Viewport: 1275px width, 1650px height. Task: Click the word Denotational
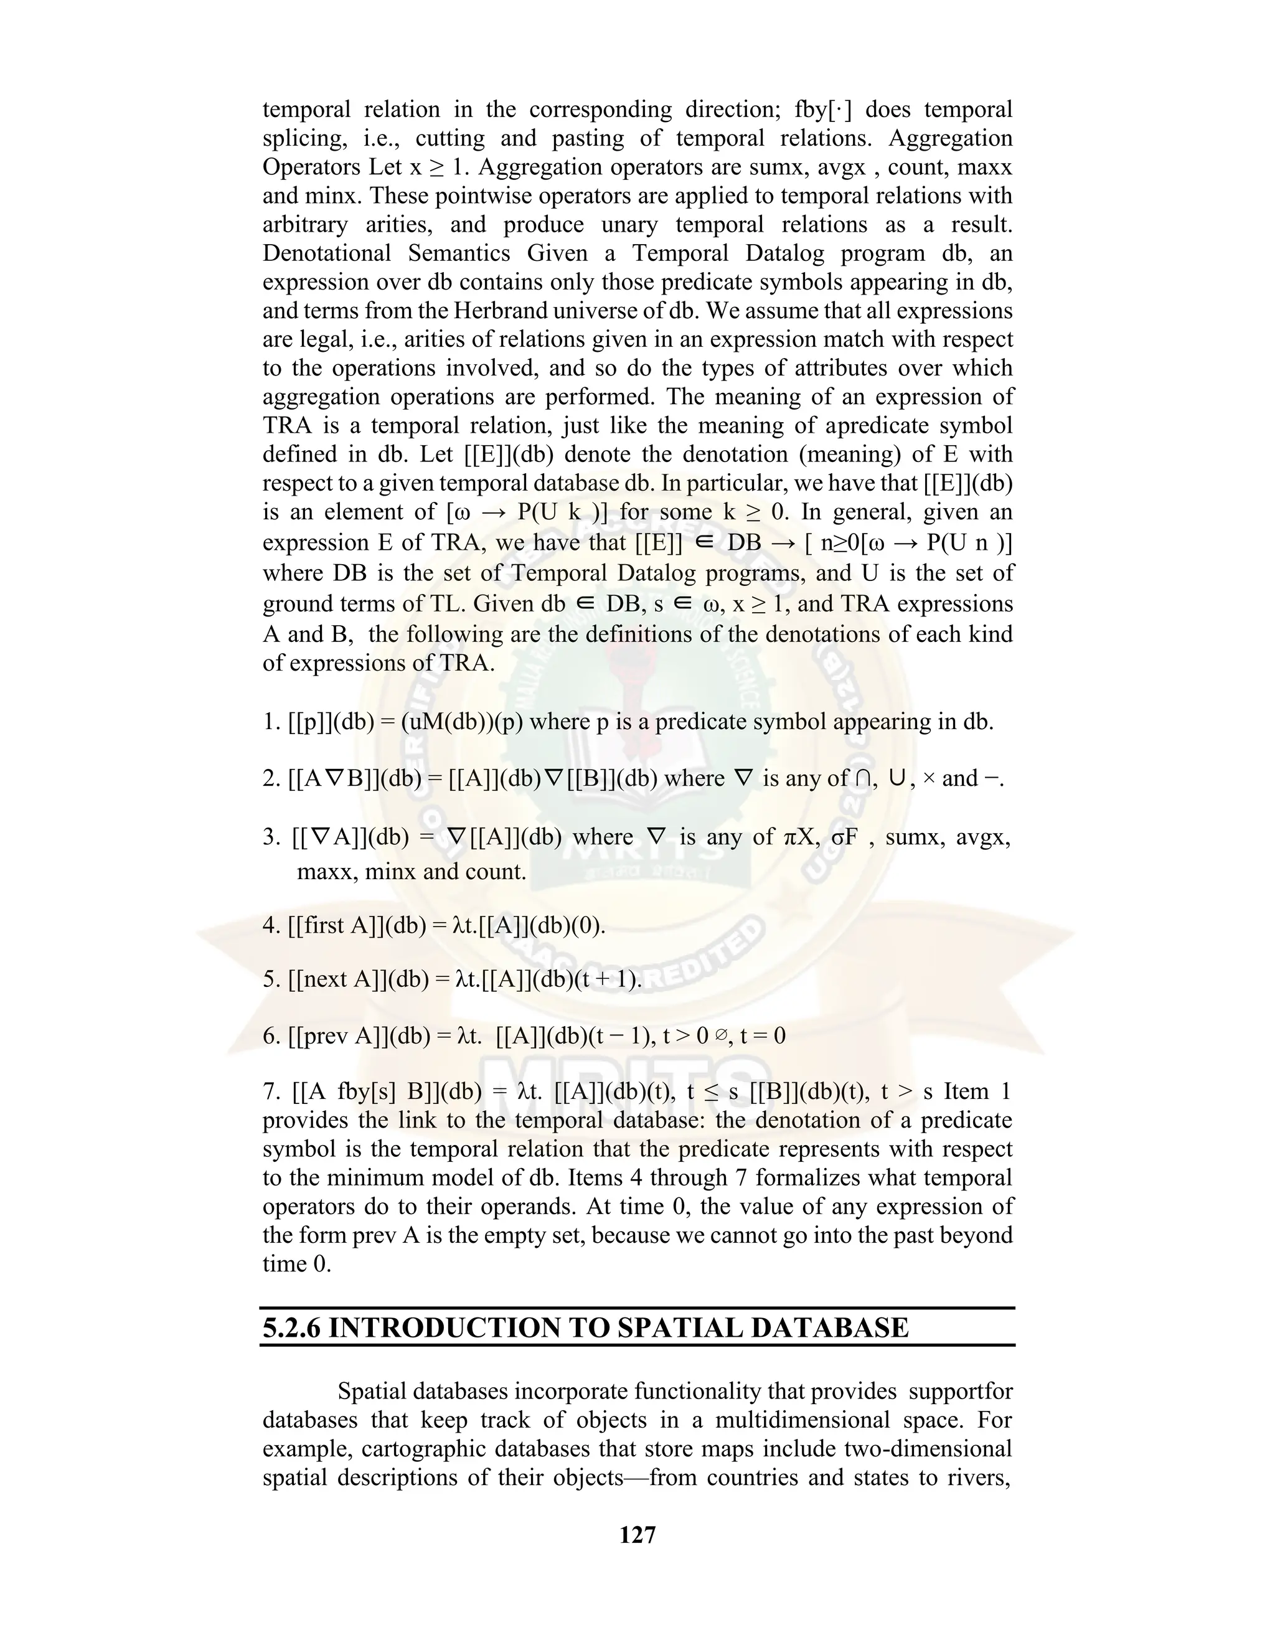(326, 253)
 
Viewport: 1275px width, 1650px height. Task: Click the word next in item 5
(325, 980)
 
